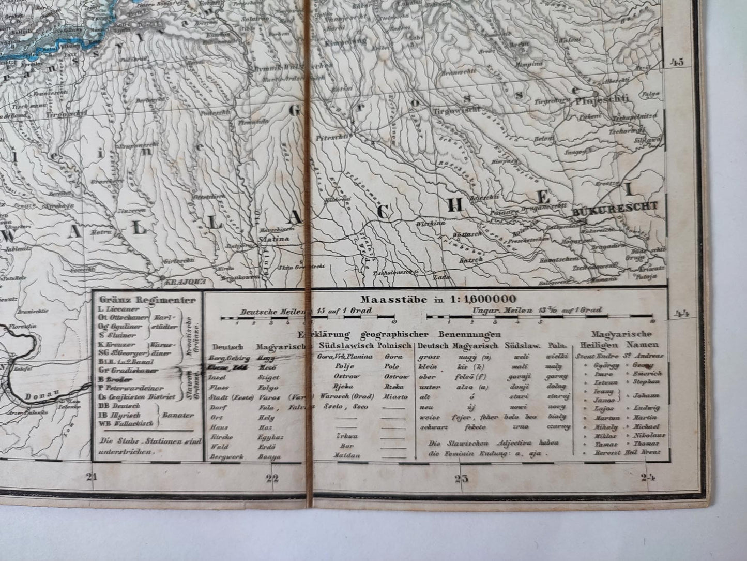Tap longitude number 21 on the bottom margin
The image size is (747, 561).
(92, 478)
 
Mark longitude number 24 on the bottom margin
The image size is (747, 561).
(647, 477)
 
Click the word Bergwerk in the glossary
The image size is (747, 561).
(223, 456)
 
